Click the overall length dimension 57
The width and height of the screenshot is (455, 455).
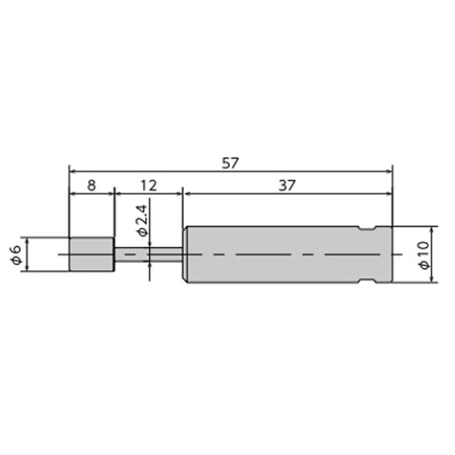(230, 163)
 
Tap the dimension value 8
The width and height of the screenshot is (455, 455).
(92, 185)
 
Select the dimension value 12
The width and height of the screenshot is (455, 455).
(148, 185)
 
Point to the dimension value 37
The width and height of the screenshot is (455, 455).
(287, 185)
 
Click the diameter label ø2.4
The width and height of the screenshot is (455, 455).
(142, 221)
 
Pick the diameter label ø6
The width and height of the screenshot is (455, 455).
(16, 254)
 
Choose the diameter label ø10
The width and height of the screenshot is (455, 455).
(424, 255)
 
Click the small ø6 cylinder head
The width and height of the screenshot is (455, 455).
(92, 254)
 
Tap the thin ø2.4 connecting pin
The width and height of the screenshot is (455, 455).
(148, 254)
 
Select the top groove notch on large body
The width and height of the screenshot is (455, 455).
(367, 229)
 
